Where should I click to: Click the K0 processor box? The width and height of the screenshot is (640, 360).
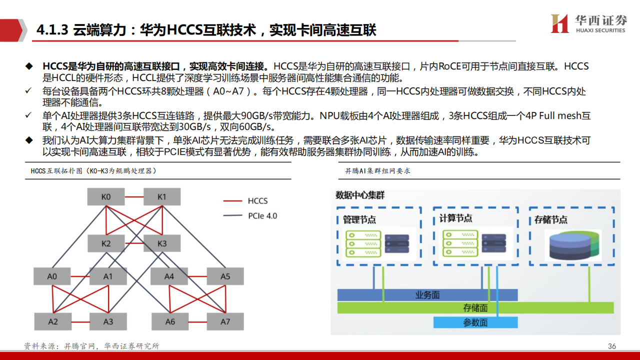(106, 196)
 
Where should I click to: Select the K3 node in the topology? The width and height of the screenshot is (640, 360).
(162, 243)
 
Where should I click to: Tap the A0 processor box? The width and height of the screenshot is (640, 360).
(52, 276)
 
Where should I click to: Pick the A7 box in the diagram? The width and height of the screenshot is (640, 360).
(225, 321)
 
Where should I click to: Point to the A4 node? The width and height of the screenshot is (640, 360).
(169, 276)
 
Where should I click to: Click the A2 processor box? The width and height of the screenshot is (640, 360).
(53, 321)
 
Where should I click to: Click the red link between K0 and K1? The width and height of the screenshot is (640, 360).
(134, 197)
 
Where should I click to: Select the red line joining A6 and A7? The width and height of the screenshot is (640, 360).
(197, 322)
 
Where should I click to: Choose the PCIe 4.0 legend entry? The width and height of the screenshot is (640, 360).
(250, 215)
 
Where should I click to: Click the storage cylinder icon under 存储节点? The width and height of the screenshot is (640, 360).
(573, 245)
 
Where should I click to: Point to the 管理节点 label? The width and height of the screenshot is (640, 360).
(359, 219)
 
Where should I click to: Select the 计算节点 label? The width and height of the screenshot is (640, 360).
(455, 218)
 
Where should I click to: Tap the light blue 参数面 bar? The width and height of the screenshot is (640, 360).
(475, 322)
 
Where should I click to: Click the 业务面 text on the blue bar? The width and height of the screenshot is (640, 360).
(427, 295)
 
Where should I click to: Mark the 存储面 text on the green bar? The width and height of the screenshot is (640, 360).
(475, 307)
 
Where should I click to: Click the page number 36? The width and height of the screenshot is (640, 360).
(611, 346)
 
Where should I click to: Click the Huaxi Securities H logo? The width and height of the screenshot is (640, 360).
(559, 23)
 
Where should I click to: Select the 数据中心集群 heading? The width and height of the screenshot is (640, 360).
(360, 195)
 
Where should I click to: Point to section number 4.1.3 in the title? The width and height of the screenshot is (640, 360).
(52, 29)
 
